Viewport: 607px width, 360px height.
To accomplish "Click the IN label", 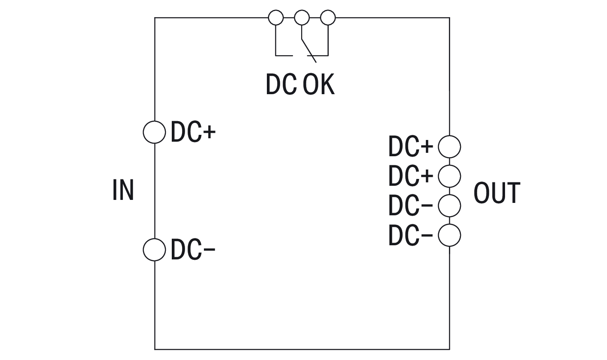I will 123,190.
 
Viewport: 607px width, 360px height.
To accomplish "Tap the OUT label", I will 496,193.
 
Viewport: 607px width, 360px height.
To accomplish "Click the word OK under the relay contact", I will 318,84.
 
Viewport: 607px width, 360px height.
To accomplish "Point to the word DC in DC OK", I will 281,84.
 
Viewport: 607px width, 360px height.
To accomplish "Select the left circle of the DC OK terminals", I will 275,18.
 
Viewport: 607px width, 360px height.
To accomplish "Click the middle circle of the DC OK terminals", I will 302,18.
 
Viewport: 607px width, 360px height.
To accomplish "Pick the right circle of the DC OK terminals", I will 328,18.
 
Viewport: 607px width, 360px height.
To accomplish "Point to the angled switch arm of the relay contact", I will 308,50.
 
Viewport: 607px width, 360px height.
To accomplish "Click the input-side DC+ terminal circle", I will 154,132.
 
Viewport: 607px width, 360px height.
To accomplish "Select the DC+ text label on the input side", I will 193,132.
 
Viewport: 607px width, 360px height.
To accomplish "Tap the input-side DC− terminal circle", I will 154,250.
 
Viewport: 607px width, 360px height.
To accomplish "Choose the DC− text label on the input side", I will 193,250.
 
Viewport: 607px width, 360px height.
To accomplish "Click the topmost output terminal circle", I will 449,146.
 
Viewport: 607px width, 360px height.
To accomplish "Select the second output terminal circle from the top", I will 449,176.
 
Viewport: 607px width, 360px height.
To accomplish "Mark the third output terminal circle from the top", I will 449,205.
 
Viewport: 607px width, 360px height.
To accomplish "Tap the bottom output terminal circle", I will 449,235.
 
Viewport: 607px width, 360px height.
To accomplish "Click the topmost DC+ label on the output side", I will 410,146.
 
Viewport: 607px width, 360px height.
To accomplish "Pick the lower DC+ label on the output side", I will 410,176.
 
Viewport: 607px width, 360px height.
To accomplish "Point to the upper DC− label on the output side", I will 410,205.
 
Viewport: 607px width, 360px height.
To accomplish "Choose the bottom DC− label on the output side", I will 410,235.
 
